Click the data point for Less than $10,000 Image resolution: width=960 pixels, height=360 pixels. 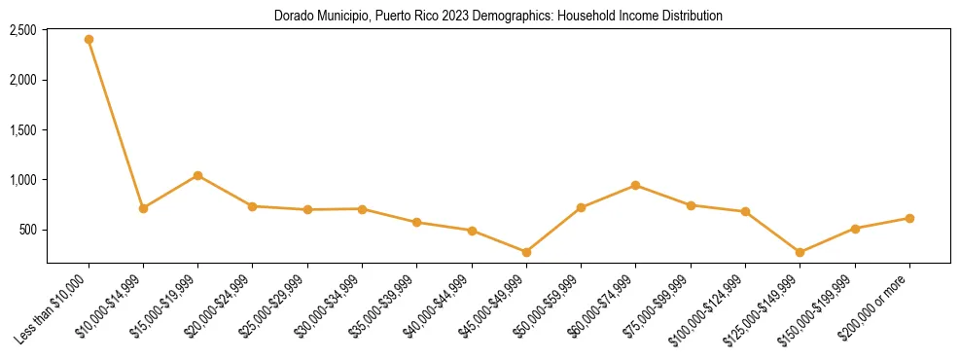[89, 39]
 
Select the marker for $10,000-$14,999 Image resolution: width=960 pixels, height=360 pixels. [143, 208]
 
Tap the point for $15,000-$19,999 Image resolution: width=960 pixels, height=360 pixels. [197, 175]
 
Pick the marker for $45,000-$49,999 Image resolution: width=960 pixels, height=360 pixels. [526, 252]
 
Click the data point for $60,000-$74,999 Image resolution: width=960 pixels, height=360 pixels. [635, 185]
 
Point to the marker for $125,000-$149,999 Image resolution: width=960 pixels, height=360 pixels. [800, 252]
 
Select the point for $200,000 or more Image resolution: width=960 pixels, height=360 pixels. [909, 218]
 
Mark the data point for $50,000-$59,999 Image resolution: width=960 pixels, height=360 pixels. [581, 207]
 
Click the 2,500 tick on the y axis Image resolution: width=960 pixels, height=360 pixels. [23, 30]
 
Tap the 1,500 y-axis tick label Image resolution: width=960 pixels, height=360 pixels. [23, 130]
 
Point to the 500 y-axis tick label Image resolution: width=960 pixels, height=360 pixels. [28, 231]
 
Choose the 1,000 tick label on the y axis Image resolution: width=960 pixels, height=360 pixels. [23, 180]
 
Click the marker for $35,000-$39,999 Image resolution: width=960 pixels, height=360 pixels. [416, 222]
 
